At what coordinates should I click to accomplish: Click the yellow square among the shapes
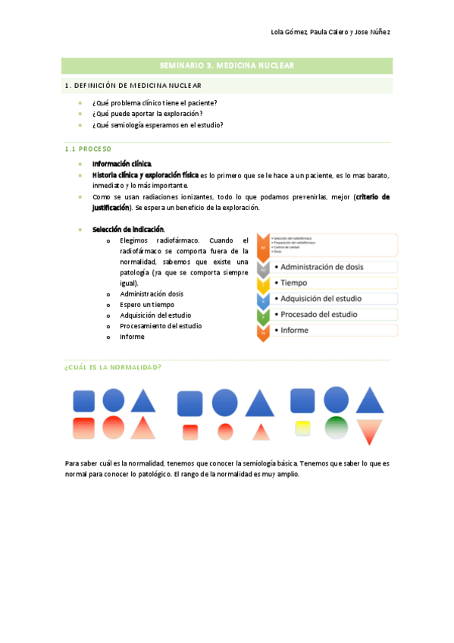(302, 428)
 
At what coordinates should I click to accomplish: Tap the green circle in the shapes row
(336, 427)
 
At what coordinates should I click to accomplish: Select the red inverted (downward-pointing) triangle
(370, 431)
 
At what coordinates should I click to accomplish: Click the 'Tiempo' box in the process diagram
(333, 283)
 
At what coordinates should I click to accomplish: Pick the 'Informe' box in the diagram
(333, 330)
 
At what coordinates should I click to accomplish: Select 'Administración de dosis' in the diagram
(333, 267)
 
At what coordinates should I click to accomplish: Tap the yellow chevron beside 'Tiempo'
(262, 284)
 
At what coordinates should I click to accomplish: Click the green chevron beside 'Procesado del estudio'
(262, 315)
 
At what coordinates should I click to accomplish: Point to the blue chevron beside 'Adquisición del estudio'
(262, 300)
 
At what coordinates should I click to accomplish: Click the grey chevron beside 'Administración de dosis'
(262, 268)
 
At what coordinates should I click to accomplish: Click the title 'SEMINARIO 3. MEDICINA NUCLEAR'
(227, 66)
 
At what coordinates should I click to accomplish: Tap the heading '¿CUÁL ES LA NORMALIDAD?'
(113, 367)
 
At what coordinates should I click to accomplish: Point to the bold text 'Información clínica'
(121, 164)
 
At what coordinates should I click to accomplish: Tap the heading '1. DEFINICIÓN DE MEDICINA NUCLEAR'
(133, 85)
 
